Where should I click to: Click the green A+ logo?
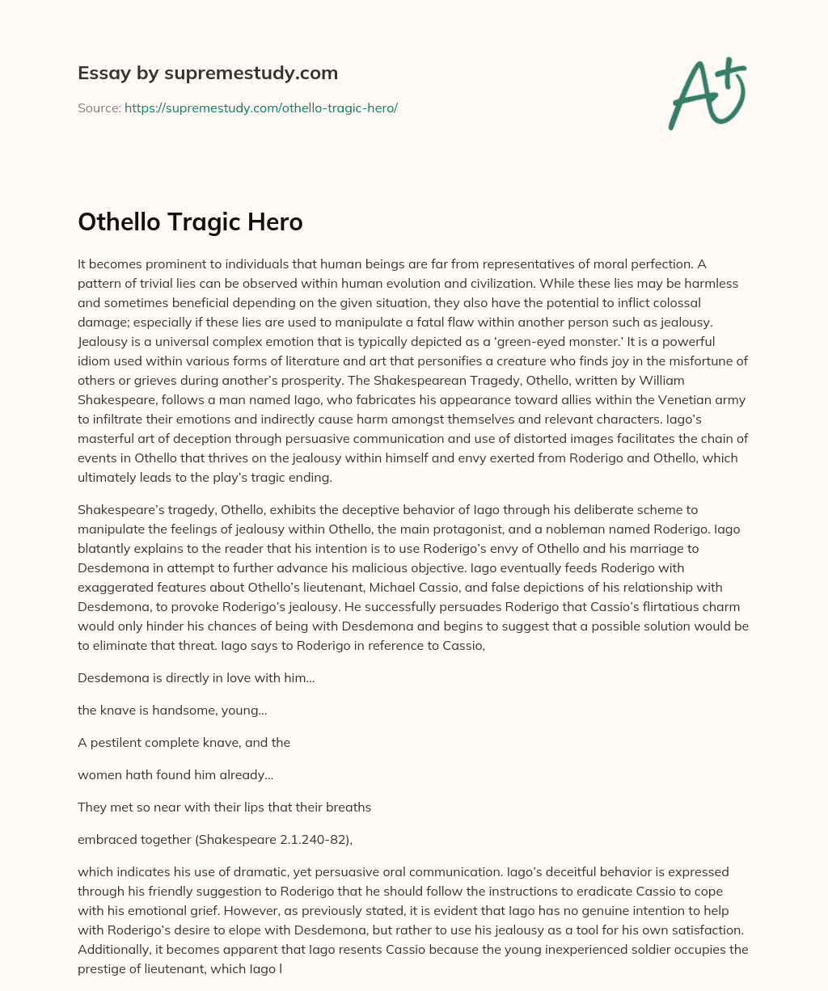tap(706, 94)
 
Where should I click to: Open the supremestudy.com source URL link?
tap(260, 108)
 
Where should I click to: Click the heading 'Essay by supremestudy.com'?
tap(208, 73)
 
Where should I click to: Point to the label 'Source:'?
tap(99, 108)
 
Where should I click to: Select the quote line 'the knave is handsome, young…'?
tap(172, 710)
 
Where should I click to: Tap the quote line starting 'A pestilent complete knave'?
tap(184, 742)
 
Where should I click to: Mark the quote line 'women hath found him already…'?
tap(175, 774)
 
